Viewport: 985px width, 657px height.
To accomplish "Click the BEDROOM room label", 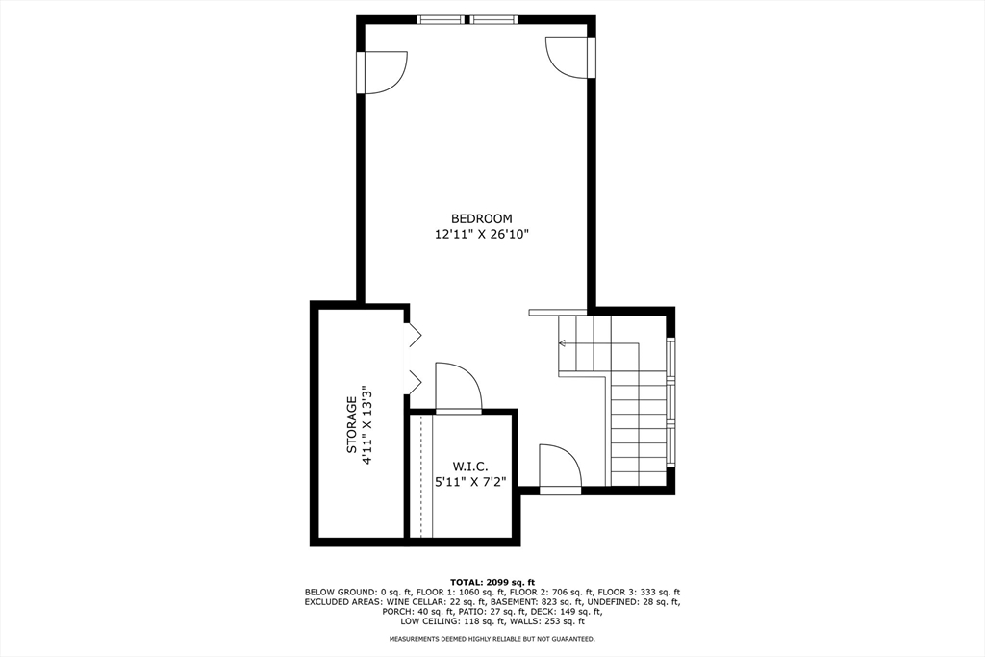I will [481, 218].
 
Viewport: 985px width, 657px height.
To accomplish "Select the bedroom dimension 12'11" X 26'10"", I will [481, 234].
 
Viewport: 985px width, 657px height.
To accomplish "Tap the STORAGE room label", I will [352, 424].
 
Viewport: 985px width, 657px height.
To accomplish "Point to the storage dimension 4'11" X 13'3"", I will [366, 424].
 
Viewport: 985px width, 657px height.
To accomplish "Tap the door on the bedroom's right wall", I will [567, 59].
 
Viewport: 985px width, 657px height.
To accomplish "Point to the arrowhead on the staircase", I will [562, 342].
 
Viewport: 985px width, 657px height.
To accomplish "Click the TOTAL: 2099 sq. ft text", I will [492, 582].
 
